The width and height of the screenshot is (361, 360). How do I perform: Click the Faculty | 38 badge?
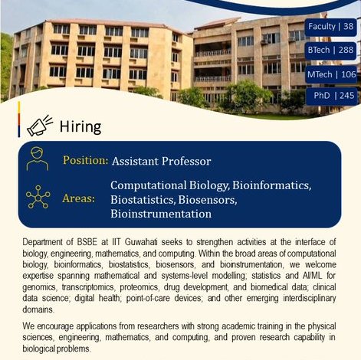pyautogui.click(x=330, y=27)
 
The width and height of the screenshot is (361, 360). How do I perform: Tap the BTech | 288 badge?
pyautogui.click(x=330, y=50)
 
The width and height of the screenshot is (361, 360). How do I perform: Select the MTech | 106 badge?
pyautogui.click(x=331, y=74)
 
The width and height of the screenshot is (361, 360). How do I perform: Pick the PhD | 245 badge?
pyautogui.click(x=332, y=96)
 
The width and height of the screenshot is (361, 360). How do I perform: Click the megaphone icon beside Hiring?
pyautogui.click(x=40, y=126)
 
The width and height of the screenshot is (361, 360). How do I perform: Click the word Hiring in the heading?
pyautogui.click(x=80, y=126)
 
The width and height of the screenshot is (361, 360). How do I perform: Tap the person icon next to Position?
pyautogui.click(x=38, y=159)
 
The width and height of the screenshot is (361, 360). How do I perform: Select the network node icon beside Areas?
pyautogui.click(x=38, y=197)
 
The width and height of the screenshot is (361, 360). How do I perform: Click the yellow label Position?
pyautogui.click(x=86, y=161)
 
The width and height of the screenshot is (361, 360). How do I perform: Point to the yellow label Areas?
pyautogui.click(x=78, y=198)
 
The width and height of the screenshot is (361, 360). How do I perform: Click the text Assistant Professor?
pyautogui.click(x=162, y=162)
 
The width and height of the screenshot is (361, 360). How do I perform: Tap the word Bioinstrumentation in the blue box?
pyautogui.click(x=161, y=214)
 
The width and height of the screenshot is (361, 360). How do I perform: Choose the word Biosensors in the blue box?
pyautogui.click(x=208, y=200)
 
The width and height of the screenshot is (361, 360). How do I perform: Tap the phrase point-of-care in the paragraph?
pyautogui.click(x=148, y=298)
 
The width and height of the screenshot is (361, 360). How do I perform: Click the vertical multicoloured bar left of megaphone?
pyautogui.click(x=19, y=119)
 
